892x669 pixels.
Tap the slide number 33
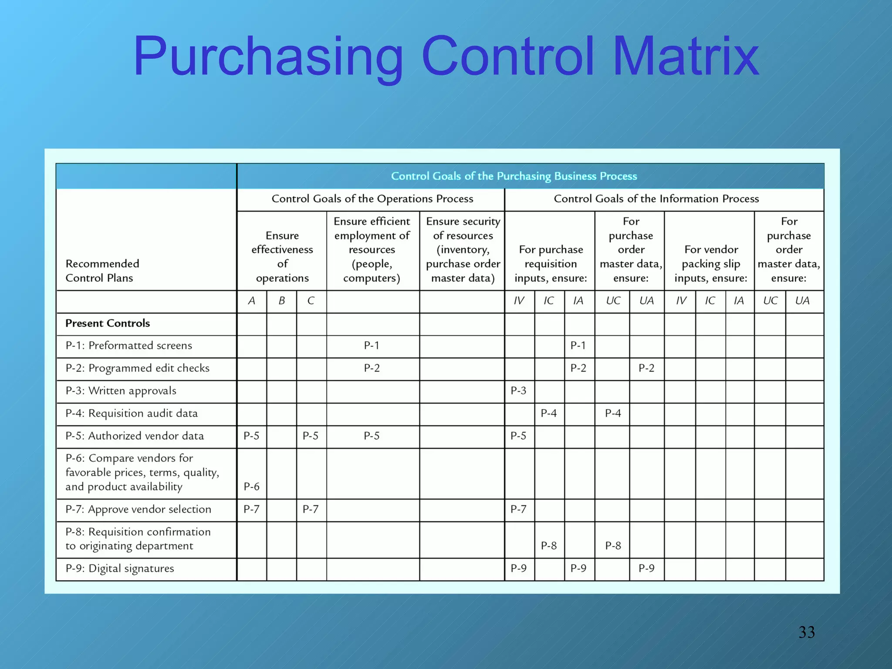pos(806,632)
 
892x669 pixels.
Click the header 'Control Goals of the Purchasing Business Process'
pos(514,176)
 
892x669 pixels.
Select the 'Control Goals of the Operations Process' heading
pos(372,199)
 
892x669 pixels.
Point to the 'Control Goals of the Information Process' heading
pos(656,199)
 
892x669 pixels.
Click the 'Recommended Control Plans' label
pos(102,270)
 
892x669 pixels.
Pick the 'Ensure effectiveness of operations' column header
pos(282,257)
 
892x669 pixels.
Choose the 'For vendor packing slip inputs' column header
pos(711,264)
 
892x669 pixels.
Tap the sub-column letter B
pos(282,301)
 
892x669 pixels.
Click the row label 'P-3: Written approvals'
pos(121,391)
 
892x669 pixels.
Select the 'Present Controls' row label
pos(108,323)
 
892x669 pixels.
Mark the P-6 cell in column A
pos(251,487)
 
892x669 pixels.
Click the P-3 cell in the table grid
pos(518,391)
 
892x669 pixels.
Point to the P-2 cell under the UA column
pos(646,368)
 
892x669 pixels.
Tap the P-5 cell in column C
pos(311,436)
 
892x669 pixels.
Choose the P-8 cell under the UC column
pos(613,546)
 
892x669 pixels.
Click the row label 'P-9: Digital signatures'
pos(120,568)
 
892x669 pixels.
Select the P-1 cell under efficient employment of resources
pos(372,345)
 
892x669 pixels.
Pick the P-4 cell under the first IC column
pos(549,413)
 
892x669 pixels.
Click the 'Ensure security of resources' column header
pos(463,250)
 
